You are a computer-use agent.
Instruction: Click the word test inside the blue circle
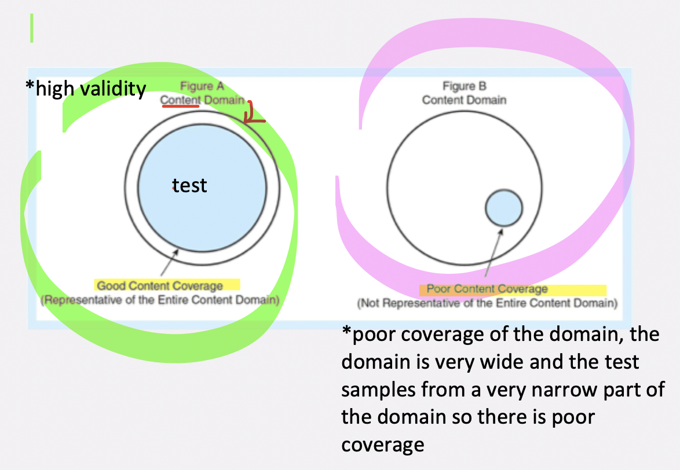(x=190, y=186)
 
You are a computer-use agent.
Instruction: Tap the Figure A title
(x=202, y=87)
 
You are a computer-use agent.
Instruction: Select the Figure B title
(x=464, y=87)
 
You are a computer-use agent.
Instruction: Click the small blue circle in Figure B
(x=503, y=208)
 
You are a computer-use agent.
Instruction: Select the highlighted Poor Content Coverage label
(x=487, y=289)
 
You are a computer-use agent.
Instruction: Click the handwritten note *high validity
(x=85, y=89)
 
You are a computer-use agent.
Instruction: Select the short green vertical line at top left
(x=32, y=28)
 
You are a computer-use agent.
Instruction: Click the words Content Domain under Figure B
(x=464, y=100)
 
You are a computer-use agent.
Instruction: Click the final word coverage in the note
(x=382, y=445)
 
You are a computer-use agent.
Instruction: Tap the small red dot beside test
(x=173, y=188)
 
